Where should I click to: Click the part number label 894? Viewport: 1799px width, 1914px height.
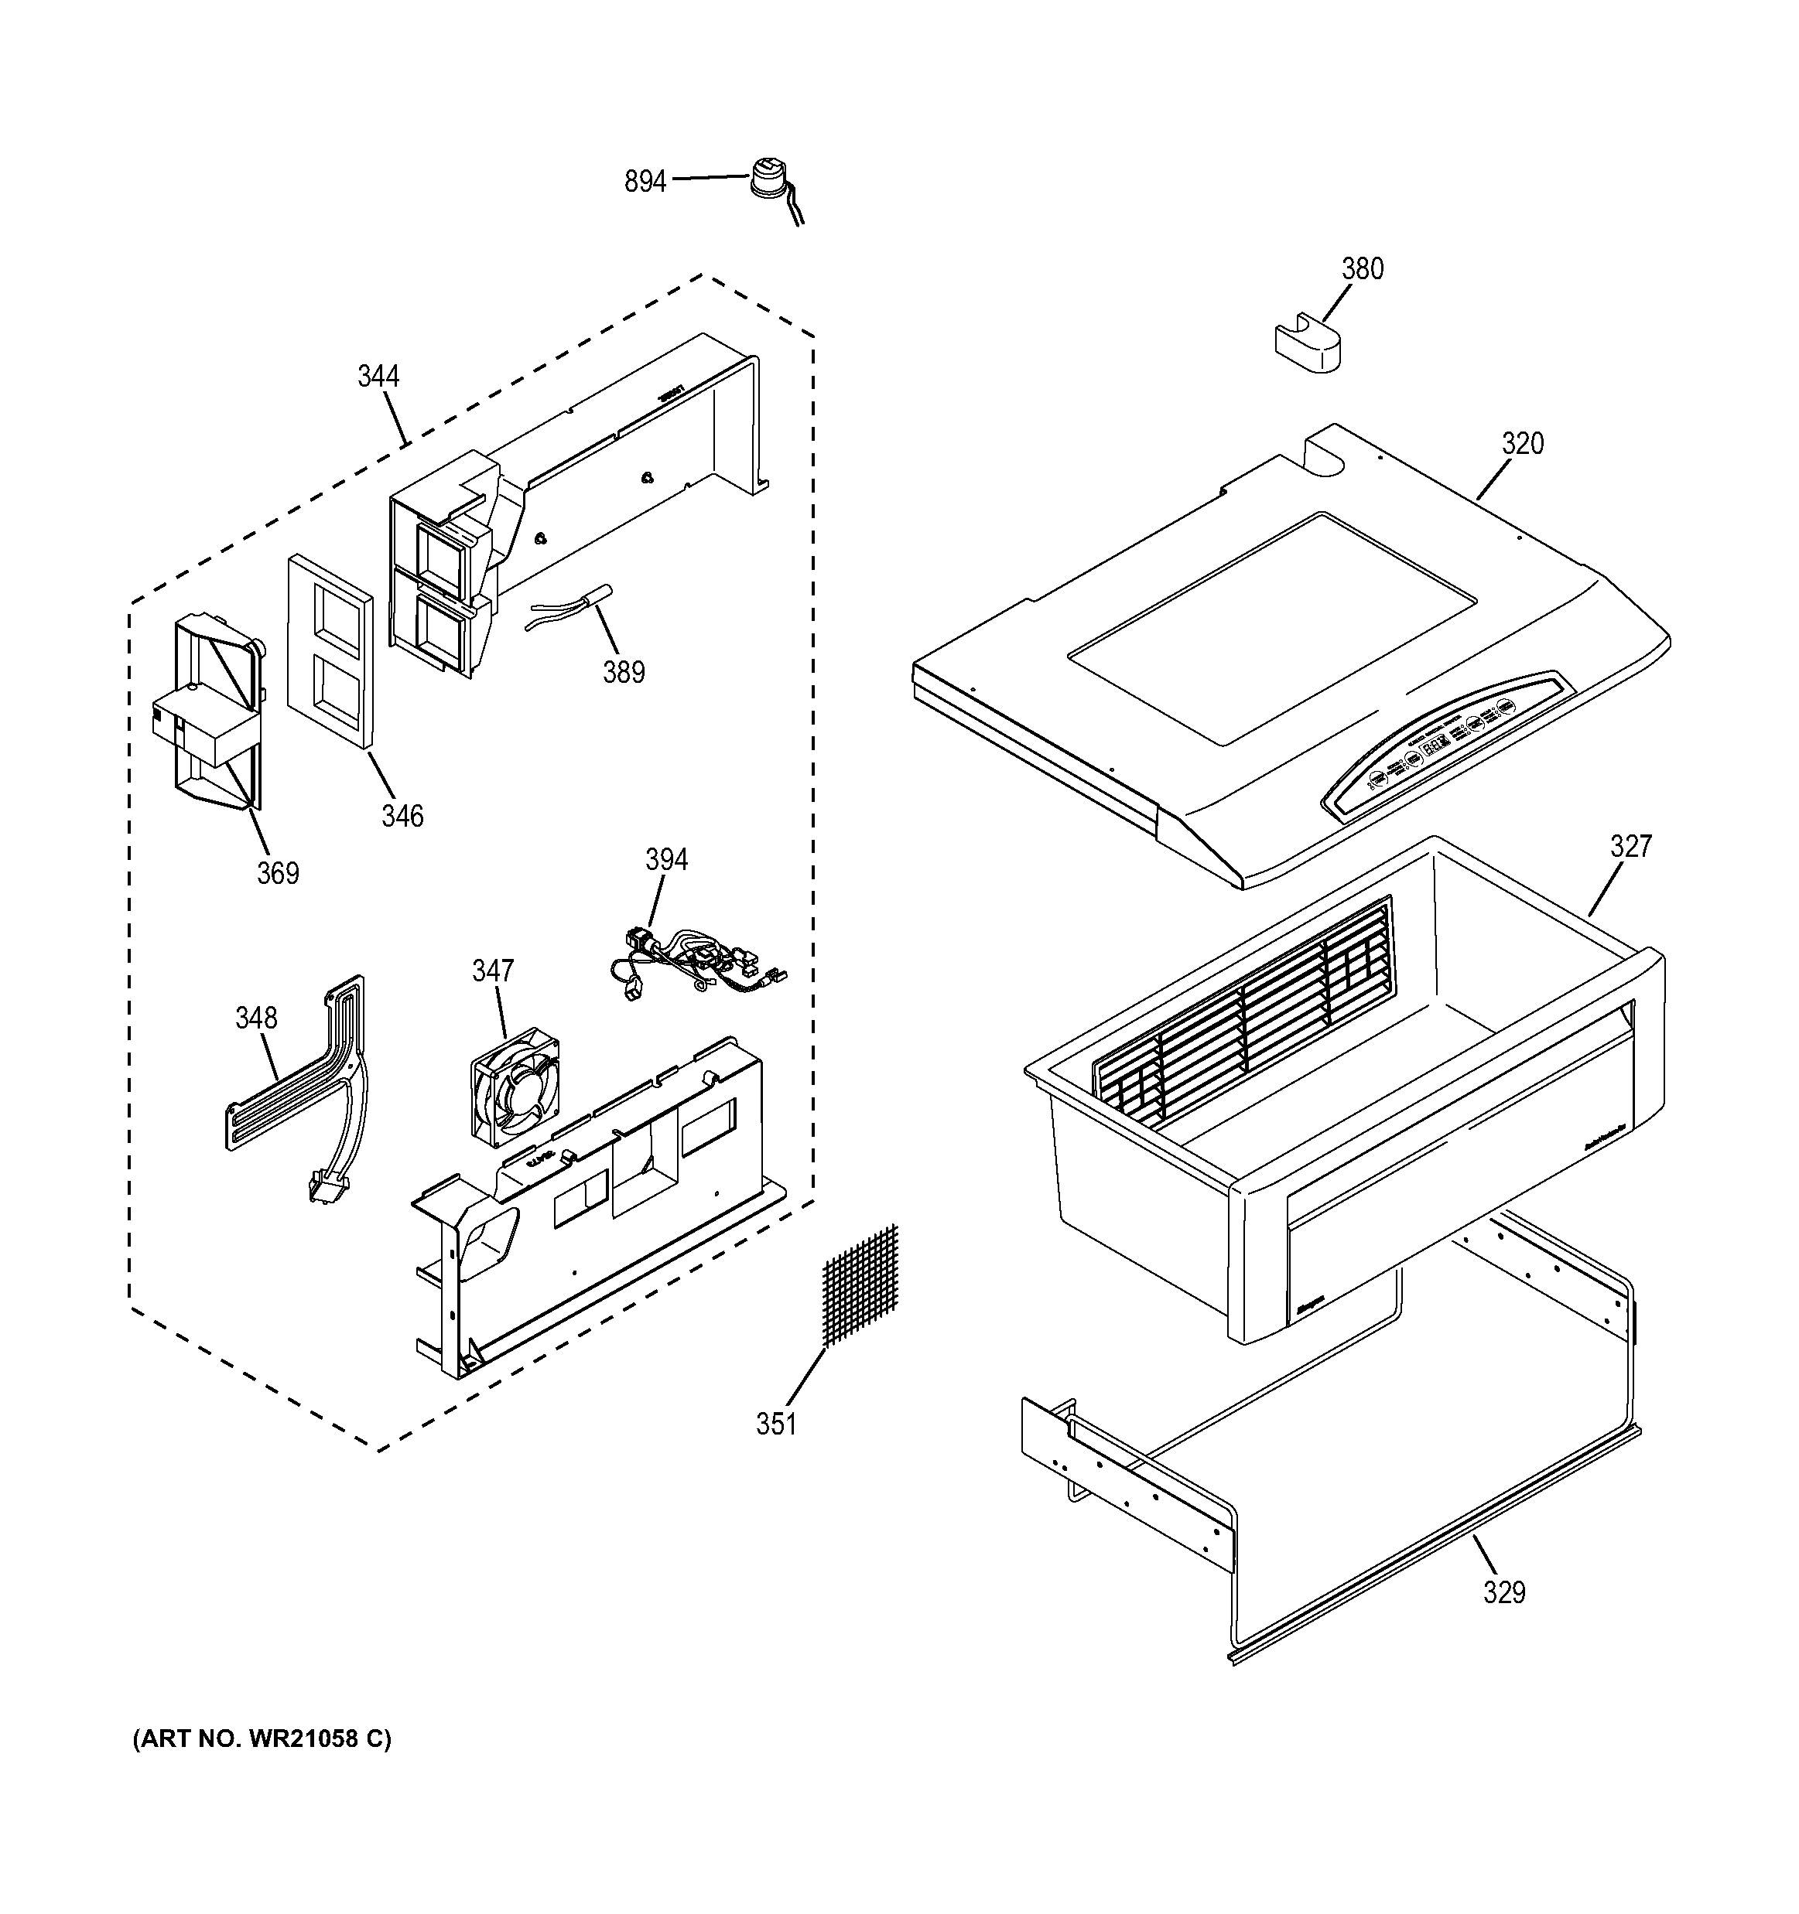coord(645,181)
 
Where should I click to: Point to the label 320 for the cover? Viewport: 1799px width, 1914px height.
coord(1522,444)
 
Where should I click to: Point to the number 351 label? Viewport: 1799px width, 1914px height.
coord(775,1424)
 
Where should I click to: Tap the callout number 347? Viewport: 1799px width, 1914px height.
coord(492,971)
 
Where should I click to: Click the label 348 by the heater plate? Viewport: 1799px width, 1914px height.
coord(256,1018)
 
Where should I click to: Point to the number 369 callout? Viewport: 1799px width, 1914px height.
coord(277,873)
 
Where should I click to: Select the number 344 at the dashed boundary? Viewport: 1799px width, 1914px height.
coord(378,377)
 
